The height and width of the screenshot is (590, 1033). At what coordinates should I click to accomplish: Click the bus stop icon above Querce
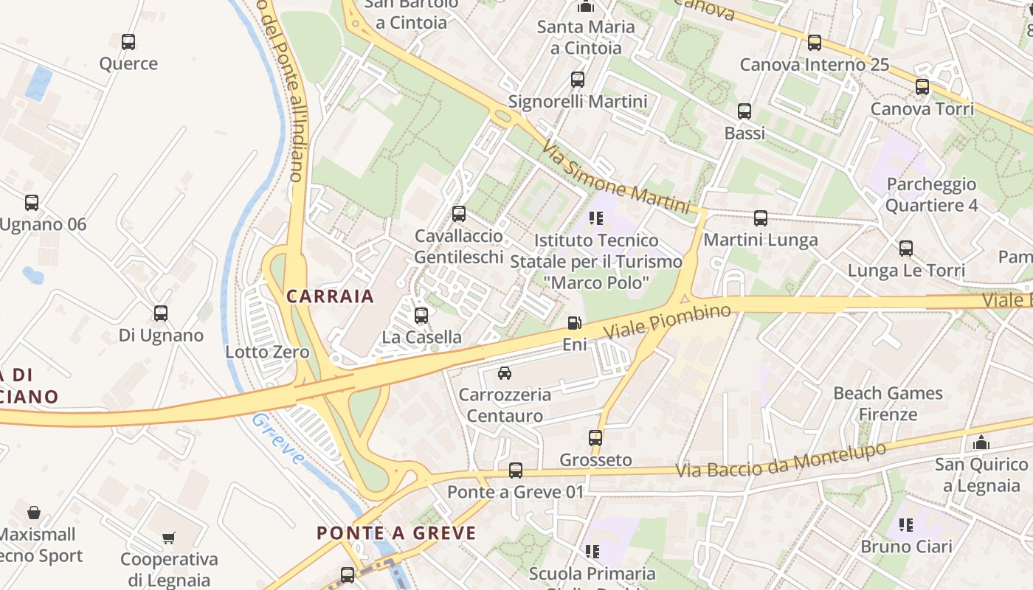[x=128, y=42]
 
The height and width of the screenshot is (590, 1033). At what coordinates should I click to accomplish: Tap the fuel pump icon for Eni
[x=574, y=323]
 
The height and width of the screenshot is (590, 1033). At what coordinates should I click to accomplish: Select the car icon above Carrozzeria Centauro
[x=505, y=373]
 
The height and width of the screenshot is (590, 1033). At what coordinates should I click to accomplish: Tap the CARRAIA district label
[x=331, y=296]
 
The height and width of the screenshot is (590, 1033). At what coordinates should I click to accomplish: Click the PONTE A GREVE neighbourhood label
[x=396, y=532]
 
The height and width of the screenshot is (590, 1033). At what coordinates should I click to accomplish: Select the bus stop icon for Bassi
[x=744, y=112]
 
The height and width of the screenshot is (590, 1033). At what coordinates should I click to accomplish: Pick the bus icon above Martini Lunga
[x=761, y=218]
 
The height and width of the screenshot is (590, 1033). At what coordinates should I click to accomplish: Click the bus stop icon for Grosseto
[x=595, y=438]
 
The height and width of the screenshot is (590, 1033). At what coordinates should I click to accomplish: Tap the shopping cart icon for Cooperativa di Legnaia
[x=169, y=538]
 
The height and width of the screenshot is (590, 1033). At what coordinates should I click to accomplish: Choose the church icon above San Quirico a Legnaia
[x=981, y=443]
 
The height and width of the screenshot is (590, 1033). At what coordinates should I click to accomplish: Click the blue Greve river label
[x=278, y=439]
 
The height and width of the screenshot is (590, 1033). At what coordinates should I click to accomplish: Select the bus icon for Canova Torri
[x=922, y=87]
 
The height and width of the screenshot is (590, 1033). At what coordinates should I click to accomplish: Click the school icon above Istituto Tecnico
[x=596, y=218]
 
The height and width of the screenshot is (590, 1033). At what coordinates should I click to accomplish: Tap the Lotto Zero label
[x=267, y=352]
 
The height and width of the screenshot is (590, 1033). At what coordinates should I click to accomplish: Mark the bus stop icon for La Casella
[x=421, y=316]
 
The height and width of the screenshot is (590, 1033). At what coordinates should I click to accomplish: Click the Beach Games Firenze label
[x=888, y=403]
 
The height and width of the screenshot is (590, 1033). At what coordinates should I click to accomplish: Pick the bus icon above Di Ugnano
[x=161, y=313]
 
